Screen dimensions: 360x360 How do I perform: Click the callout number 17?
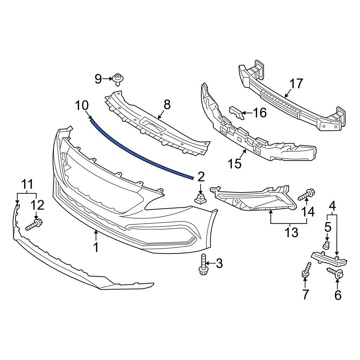tap(296, 84)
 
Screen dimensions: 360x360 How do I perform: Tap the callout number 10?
tap(81, 106)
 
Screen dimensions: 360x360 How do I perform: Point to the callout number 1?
tap(96, 247)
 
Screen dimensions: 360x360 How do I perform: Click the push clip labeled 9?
tap(117, 79)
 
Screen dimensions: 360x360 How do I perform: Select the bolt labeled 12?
tap(35, 225)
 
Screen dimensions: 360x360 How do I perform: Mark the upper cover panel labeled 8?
tap(158, 130)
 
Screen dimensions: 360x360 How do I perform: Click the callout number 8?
tap(167, 105)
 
